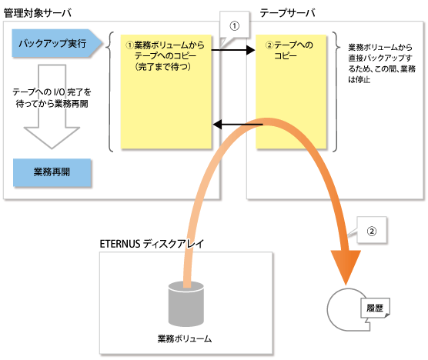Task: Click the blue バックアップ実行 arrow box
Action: (x=57, y=43)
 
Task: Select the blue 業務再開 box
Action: (x=52, y=172)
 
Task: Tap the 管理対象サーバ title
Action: (x=38, y=13)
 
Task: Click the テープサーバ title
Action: (x=287, y=13)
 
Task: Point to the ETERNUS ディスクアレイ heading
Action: (x=152, y=244)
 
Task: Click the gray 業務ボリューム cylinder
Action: (x=186, y=304)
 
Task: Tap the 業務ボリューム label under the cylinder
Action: (x=185, y=338)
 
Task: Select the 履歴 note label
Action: (x=375, y=308)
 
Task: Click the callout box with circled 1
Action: (x=235, y=26)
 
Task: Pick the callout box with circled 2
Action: (x=372, y=231)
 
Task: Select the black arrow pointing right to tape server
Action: (x=233, y=50)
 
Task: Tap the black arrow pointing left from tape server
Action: (x=237, y=125)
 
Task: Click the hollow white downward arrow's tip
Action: (x=52, y=148)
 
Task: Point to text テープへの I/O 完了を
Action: (x=52, y=92)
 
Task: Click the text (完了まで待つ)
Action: (x=163, y=67)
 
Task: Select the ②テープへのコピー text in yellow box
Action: (x=289, y=50)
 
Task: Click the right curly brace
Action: (x=336, y=92)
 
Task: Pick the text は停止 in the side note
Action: (x=359, y=80)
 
